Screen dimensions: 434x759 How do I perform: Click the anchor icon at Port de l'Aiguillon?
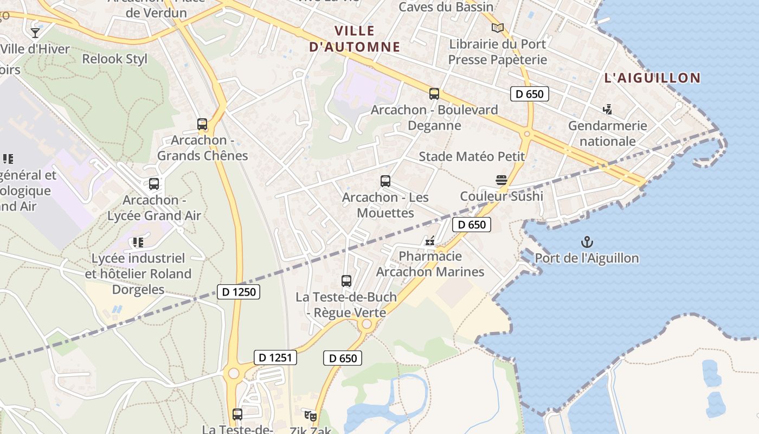[x=587, y=242]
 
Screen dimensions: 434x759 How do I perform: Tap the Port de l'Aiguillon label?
[x=587, y=258]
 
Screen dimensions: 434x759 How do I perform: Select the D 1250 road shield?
[x=238, y=292]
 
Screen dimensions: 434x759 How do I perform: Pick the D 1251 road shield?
[x=275, y=358]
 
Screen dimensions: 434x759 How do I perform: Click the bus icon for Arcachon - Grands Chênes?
[x=202, y=124]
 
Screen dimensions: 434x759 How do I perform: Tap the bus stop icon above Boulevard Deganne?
[x=434, y=94]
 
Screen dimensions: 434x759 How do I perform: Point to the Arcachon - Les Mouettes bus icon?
[x=385, y=181]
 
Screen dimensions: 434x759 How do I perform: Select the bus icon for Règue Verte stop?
[x=346, y=281]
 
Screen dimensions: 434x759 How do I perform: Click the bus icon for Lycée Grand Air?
[x=154, y=184]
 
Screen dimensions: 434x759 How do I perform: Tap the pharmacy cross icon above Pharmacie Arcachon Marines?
[x=430, y=240]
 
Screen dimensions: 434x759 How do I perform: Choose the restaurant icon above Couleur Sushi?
[x=501, y=180]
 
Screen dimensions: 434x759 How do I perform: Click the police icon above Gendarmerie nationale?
[x=607, y=110]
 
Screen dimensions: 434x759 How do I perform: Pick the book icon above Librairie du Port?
[x=498, y=28]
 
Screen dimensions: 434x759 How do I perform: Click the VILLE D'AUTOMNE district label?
[x=355, y=39]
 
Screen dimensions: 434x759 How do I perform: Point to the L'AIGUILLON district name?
[x=652, y=78]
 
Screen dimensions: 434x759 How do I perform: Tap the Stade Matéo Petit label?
[x=472, y=157]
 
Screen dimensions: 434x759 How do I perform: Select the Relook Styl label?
[x=114, y=59]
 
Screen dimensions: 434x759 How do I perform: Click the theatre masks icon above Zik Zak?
[x=311, y=416]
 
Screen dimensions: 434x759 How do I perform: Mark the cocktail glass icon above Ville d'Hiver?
[x=35, y=33]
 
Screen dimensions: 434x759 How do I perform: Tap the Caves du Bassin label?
[x=446, y=7]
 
